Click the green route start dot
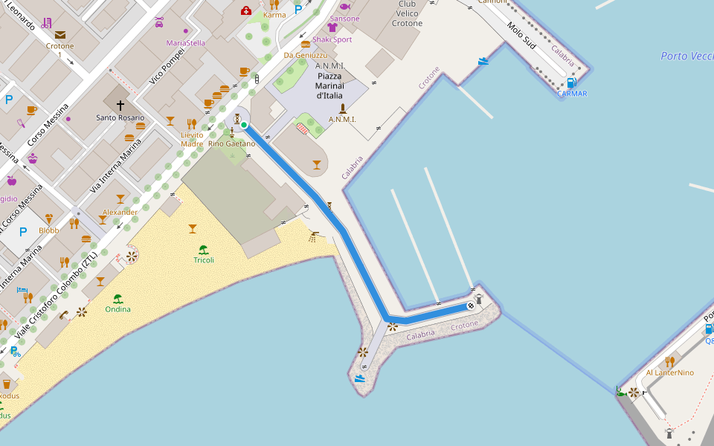coord(243,125)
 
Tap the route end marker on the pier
coord(470,306)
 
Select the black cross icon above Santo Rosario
coord(120,106)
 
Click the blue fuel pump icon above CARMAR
coord(571,83)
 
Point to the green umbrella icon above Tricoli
coord(203,250)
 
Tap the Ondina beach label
coord(118,309)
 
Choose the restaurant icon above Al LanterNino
coord(670,361)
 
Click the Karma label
coord(274,15)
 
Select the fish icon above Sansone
coord(344,7)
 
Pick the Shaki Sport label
coord(332,39)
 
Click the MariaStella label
coord(185,43)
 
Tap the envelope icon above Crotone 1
coord(59,35)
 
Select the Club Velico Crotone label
coord(407,14)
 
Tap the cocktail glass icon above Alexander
coord(120,199)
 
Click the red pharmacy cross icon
coord(245,10)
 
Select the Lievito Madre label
coord(192,139)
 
